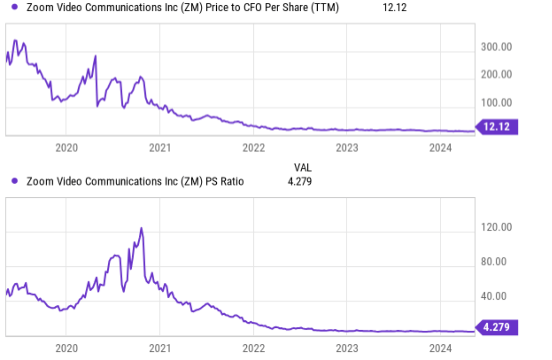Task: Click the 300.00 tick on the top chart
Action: (496, 47)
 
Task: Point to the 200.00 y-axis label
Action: (496, 74)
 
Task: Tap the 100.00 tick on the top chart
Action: (496, 103)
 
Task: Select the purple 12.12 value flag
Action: (497, 127)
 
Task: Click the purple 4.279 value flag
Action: (497, 327)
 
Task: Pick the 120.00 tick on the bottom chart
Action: (496, 227)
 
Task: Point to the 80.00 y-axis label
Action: (493, 261)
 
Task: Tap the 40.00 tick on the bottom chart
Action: (493, 296)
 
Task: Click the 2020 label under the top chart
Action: (67, 148)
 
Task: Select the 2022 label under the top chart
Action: (254, 148)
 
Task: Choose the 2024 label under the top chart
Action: (440, 148)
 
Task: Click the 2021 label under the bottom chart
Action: (160, 348)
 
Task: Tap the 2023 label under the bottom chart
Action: (347, 348)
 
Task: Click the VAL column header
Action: (303, 168)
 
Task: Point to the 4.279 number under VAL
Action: (300, 181)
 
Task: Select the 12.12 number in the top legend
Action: (394, 7)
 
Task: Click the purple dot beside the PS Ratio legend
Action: (15, 181)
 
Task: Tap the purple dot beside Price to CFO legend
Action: (15, 7)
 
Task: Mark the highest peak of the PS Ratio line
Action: (141, 229)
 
